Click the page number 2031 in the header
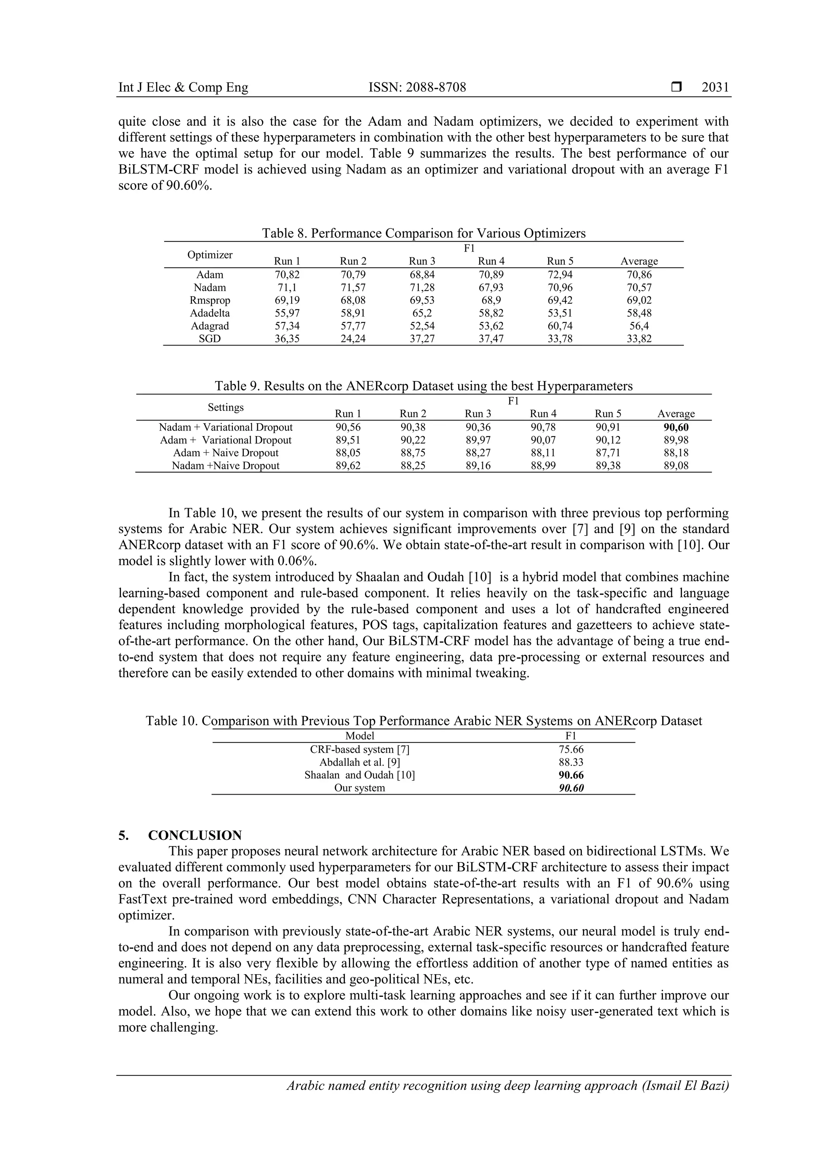point(715,87)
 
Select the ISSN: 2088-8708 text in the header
point(417,87)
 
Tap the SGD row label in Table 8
point(210,339)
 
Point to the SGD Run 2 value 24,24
point(353,339)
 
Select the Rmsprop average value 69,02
point(639,301)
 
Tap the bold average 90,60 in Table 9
point(676,428)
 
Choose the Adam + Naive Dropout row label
point(226,453)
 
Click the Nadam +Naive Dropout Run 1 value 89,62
point(348,466)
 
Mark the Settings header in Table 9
point(226,407)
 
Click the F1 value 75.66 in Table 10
point(571,749)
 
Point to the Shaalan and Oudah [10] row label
point(360,775)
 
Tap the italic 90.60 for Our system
point(571,788)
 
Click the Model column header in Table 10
point(360,735)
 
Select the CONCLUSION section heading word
point(195,836)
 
